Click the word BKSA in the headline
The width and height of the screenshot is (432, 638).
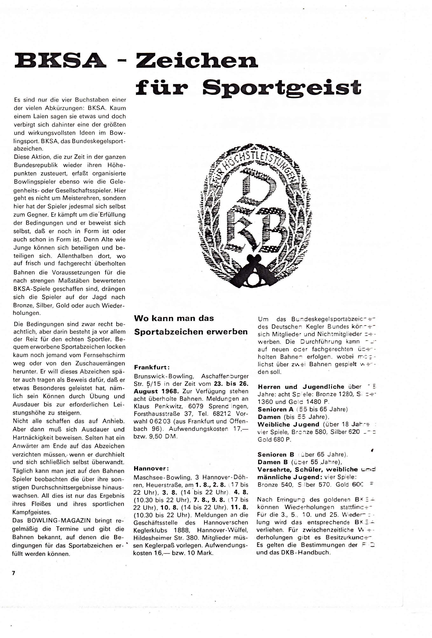click(x=60, y=61)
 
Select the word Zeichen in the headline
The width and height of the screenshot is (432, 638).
click(x=197, y=61)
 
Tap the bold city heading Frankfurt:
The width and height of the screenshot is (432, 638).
click(x=152, y=367)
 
